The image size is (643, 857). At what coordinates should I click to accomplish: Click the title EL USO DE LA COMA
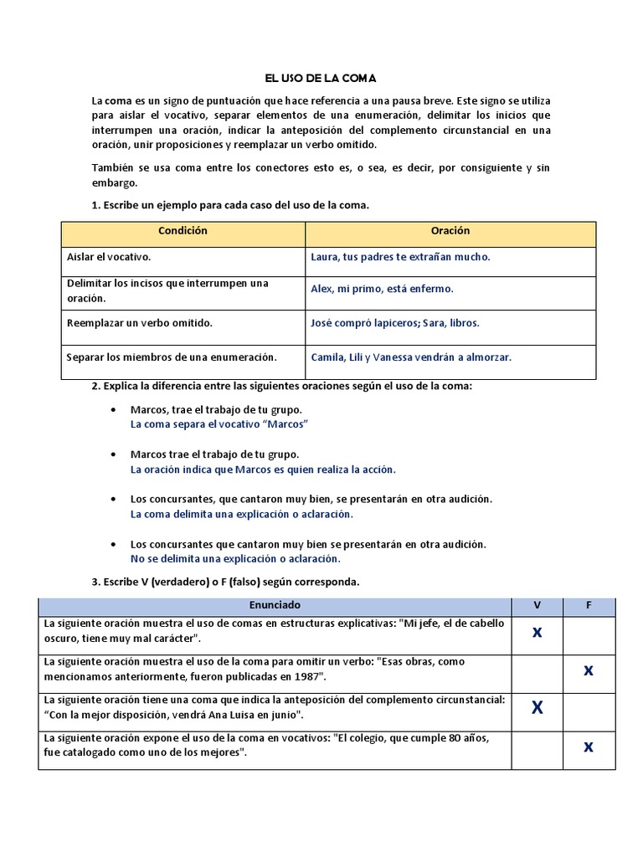pos(321,79)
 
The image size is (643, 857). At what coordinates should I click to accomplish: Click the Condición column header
pos(183,231)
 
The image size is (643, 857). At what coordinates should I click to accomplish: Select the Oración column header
pos(450,231)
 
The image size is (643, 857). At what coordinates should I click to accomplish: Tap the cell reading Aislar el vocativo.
pos(109,258)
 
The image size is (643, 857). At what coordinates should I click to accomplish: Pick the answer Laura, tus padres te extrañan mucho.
pos(400,258)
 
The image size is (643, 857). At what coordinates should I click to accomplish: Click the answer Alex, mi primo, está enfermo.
pos(382,289)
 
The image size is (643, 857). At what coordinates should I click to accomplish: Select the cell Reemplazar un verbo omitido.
pos(139,323)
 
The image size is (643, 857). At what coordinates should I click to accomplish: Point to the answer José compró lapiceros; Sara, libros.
pos(395,323)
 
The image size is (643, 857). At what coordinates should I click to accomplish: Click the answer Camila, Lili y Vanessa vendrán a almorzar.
pos(410,357)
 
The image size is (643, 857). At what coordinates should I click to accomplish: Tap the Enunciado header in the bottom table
pos(275,605)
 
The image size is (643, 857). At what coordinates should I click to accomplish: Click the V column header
pos(537,605)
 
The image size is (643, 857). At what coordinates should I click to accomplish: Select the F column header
pos(589,605)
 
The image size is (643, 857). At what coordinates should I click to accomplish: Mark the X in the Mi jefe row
pos(537,633)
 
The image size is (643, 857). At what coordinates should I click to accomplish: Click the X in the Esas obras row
pos(589,670)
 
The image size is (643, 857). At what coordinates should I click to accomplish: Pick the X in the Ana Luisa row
pos(537,708)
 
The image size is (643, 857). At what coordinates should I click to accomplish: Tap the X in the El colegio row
pos(589,747)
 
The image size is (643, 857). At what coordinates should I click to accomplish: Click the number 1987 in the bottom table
pos(306,676)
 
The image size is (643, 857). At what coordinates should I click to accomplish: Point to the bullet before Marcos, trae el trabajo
pos(114,410)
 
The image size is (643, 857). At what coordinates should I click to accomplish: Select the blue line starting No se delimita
pos(235,558)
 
